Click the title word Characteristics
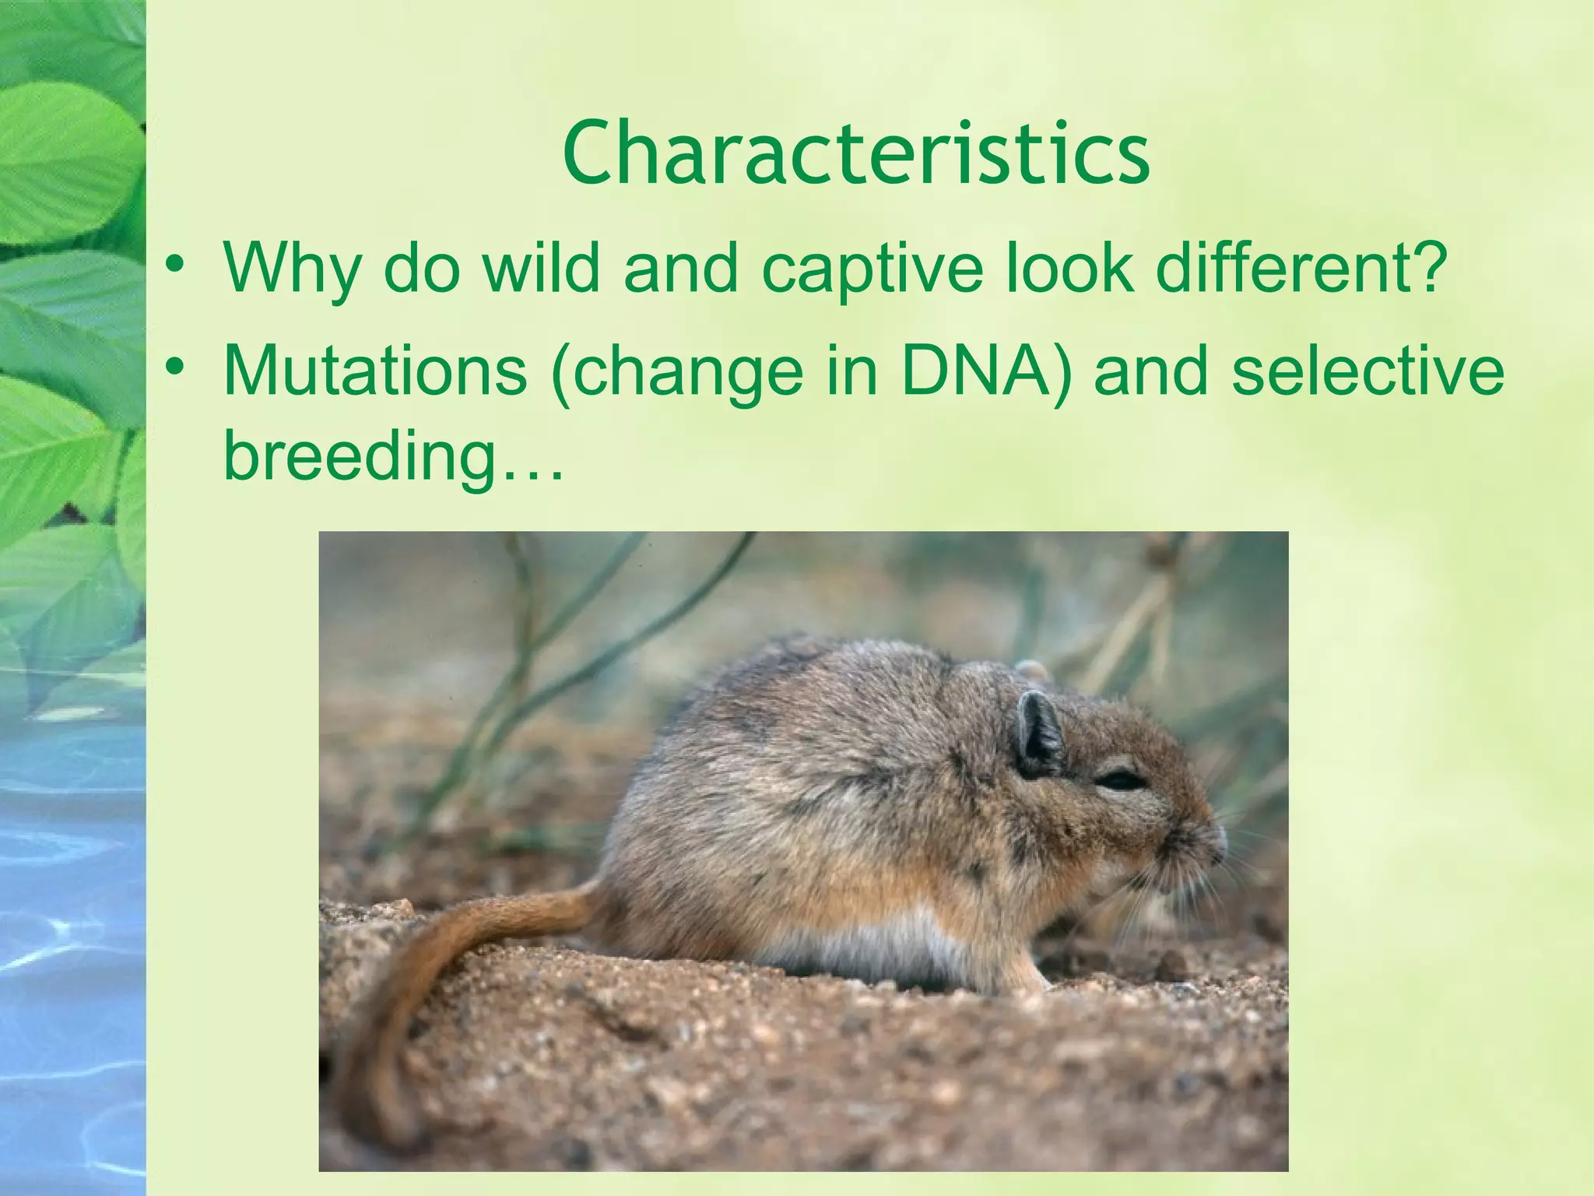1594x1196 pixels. point(856,153)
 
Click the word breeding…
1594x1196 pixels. point(393,458)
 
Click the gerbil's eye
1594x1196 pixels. point(1120,779)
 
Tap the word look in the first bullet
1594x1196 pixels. point(1069,268)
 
